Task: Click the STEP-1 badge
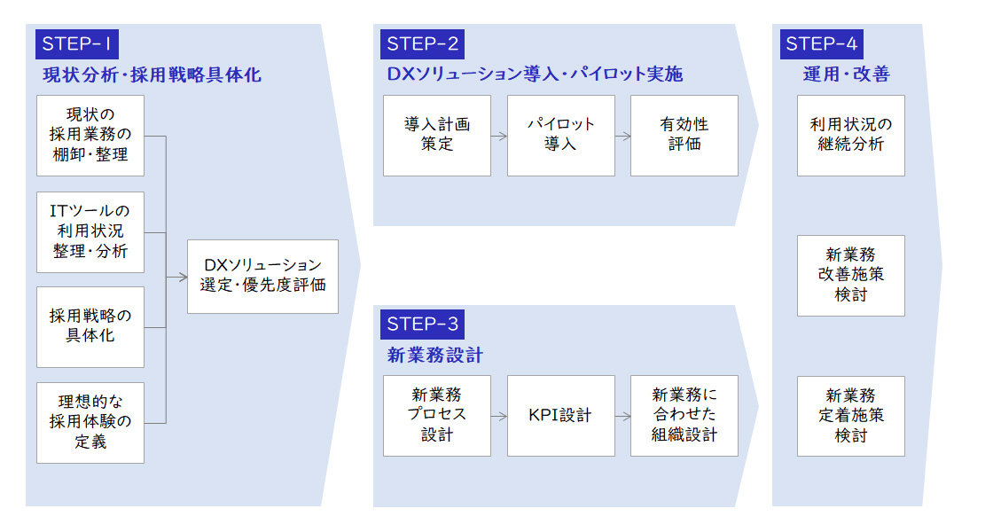76,44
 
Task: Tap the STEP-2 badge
422,44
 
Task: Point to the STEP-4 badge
822,44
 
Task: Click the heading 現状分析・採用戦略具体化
152,74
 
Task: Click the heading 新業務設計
434,356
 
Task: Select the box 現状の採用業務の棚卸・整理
90,135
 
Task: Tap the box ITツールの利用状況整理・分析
90,231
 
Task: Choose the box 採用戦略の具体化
90,326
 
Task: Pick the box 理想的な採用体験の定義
90,422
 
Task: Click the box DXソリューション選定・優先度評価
262,276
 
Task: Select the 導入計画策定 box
437,135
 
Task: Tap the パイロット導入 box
560,135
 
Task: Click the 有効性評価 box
684,135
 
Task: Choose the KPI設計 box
560,416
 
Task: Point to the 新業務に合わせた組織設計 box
684,416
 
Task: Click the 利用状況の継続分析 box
850,135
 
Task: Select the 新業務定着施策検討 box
850,416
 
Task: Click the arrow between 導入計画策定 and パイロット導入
499,137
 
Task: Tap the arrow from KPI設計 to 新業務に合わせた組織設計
622,416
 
